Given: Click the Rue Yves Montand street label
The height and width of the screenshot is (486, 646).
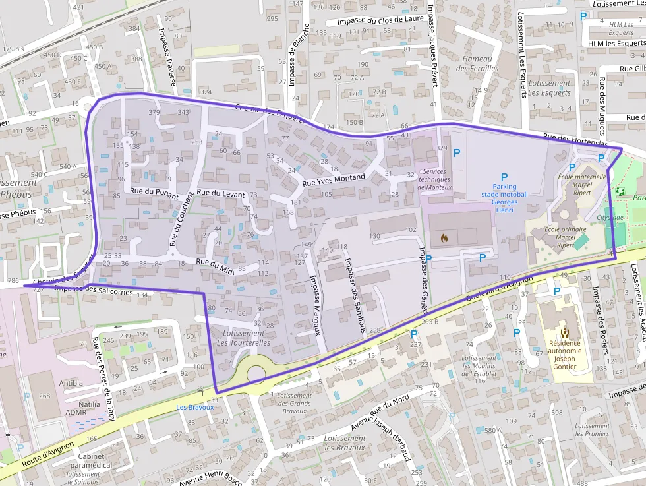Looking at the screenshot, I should (333, 178).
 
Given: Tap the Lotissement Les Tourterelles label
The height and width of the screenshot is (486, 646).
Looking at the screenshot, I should (243, 338).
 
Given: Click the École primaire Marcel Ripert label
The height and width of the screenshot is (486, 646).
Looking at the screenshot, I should (566, 237).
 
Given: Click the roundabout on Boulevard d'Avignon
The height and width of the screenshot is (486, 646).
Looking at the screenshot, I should (256, 374).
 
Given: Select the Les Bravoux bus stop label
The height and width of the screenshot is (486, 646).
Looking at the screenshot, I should (195, 407).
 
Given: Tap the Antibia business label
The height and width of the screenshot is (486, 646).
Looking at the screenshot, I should (71, 383).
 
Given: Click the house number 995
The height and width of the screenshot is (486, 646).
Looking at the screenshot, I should (272, 18).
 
